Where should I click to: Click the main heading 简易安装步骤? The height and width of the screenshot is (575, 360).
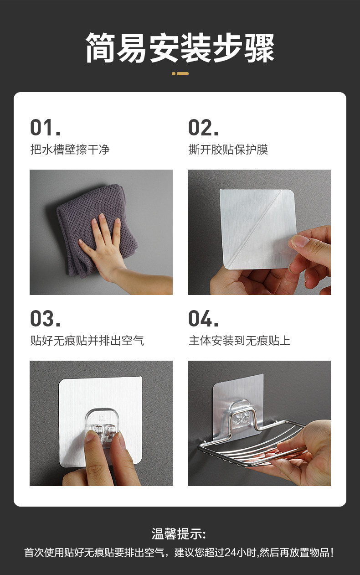click(x=180, y=48)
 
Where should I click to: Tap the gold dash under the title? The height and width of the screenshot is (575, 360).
click(x=180, y=74)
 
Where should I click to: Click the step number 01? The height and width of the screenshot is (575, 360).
click(x=46, y=128)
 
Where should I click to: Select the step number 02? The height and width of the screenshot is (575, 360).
click(x=204, y=128)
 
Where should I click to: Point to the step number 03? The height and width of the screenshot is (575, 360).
click(x=46, y=319)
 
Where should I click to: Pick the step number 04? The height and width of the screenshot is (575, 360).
click(x=204, y=319)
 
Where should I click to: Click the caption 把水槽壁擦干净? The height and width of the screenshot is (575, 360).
click(x=70, y=150)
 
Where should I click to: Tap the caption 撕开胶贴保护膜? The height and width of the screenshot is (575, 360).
click(x=228, y=150)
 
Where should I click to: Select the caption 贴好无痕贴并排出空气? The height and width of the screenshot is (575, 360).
click(x=87, y=341)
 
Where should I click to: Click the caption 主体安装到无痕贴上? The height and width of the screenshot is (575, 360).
click(x=239, y=341)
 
